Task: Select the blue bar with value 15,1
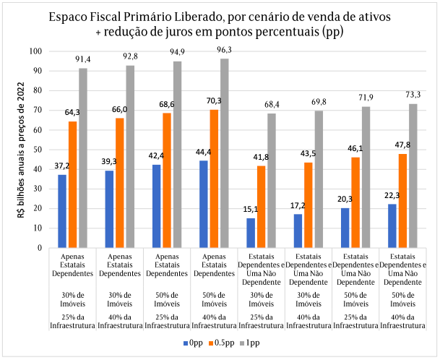[250, 232]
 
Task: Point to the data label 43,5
[309, 153]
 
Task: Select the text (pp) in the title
[329, 33]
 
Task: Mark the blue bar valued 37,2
[62, 210]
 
